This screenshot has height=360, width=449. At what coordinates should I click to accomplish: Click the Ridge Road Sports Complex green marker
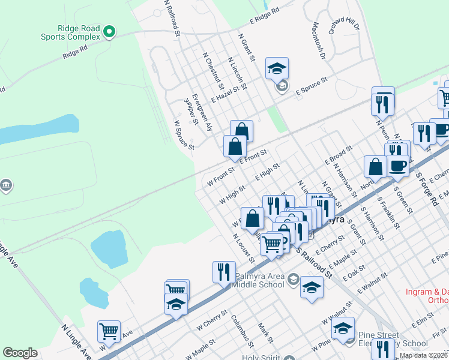(109, 31)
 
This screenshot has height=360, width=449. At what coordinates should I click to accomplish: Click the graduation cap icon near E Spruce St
(277, 69)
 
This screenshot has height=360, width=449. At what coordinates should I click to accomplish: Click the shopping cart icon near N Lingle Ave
(109, 331)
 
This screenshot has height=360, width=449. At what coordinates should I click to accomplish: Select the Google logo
(20, 353)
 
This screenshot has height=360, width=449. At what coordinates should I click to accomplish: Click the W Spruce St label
(184, 135)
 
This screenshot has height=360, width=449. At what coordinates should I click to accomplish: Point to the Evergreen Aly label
(201, 112)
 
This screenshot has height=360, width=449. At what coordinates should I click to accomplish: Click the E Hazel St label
(229, 95)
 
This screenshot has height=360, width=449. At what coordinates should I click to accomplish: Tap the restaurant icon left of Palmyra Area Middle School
(223, 271)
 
